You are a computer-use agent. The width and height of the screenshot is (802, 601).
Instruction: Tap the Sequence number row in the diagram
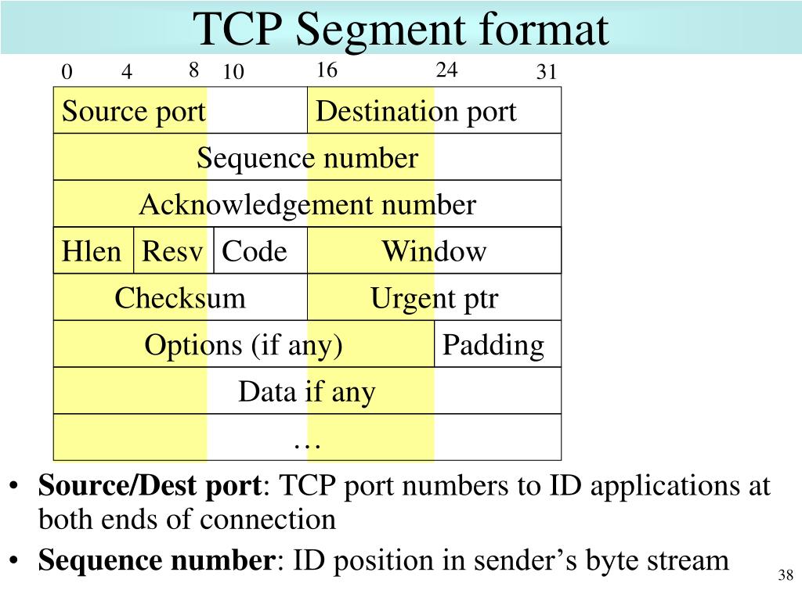tap(307, 158)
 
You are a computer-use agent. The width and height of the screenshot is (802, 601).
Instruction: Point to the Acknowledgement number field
tap(307, 205)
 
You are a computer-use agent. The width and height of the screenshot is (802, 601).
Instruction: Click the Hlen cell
tap(93, 251)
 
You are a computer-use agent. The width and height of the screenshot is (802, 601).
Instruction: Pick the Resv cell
tap(173, 251)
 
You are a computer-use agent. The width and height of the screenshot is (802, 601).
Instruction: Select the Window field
tap(434, 251)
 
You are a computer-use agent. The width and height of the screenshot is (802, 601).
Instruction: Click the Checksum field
tap(180, 298)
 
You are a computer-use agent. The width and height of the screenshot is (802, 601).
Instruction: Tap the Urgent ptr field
tap(434, 298)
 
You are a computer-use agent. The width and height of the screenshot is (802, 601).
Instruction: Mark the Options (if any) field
tap(244, 345)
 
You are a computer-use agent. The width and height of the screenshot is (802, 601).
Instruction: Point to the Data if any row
tap(307, 391)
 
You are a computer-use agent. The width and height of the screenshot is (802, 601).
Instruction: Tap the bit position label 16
tap(327, 70)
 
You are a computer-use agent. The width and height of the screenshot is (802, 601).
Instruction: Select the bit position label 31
tap(546, 73)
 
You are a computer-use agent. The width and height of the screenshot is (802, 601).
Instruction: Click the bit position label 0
tap(67, 73)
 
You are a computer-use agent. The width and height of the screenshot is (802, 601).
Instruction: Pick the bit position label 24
tap(446, 70)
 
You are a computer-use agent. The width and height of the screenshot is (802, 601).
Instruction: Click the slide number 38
tap(786, 576)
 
